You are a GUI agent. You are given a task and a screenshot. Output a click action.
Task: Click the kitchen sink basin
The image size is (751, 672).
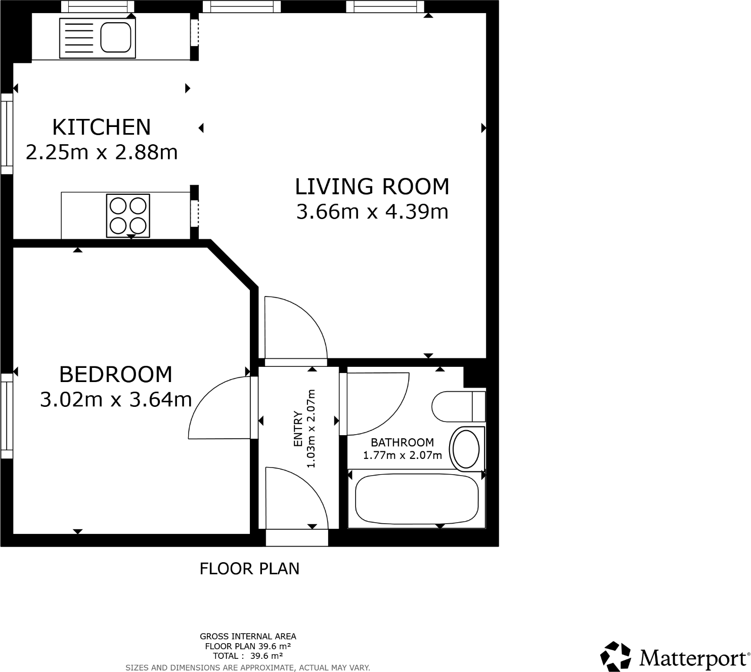point(116,37)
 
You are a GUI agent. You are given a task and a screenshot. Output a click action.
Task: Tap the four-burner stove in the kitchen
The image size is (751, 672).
point(128,216)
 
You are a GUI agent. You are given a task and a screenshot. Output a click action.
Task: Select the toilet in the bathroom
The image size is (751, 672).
point(459,406)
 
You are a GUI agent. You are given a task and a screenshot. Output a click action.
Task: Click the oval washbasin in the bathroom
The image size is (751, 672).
point(466,449)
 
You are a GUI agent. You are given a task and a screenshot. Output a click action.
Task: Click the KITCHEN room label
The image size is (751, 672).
point(102,127)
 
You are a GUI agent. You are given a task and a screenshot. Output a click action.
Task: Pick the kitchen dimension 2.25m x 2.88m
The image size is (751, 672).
point(102,152)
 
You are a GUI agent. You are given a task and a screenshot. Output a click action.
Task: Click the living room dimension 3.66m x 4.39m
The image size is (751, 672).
point(372,212)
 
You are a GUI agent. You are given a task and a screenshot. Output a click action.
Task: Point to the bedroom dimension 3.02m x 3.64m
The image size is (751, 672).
point(116,400)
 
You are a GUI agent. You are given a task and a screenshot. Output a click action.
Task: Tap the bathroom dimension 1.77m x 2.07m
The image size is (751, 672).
point(402,455)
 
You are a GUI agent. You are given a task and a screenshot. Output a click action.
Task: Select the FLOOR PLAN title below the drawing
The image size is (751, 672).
point(249,569)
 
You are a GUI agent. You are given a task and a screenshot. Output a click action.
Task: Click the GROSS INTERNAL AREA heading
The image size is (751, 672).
point(248,637)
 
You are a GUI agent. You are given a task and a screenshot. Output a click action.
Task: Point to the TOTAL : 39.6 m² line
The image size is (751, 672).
point(248,656)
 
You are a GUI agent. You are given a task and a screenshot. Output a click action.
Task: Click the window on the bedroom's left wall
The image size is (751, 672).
point(7,416)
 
